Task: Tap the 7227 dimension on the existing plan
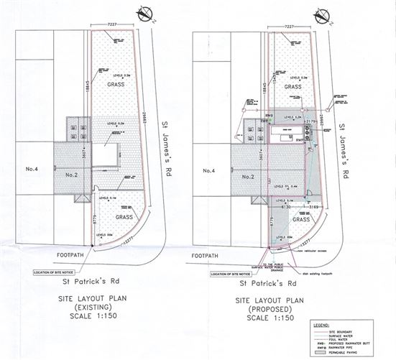click(x=110, y=26)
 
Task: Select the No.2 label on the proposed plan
click(x=246, y=176)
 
